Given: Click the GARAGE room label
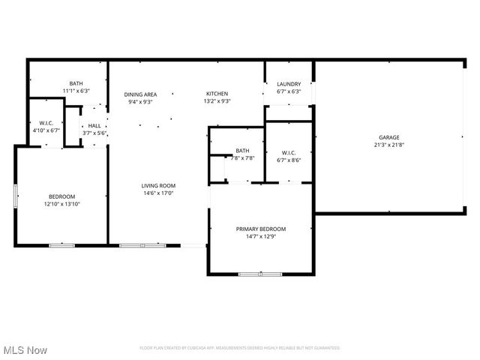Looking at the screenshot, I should coord(388,137).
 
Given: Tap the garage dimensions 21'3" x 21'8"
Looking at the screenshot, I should coord(388,145).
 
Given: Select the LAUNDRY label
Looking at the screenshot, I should coord(289,84).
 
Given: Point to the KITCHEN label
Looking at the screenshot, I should coord(217,94).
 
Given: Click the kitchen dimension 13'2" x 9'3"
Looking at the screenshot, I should coord(217,101).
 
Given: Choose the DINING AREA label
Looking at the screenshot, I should coord(140,94).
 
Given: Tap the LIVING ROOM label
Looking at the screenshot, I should coord(158,185).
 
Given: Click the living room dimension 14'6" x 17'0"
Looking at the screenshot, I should coord(158,193).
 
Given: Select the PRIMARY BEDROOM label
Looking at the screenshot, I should coord(261,229).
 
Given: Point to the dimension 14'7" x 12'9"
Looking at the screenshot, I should coord(261,236).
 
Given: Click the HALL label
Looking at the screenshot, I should coord(94,126).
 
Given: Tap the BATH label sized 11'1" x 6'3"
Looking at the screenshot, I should coord(76,83).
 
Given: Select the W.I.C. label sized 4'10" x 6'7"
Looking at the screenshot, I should coord(45,123).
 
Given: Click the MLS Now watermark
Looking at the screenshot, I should coord(25,350).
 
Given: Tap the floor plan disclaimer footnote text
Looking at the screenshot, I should coord(240,348).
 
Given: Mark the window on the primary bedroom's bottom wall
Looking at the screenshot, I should coord(259,274).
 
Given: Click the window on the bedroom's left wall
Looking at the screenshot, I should coord(16,195).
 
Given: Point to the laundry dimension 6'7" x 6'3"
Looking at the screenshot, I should coord(289,91).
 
